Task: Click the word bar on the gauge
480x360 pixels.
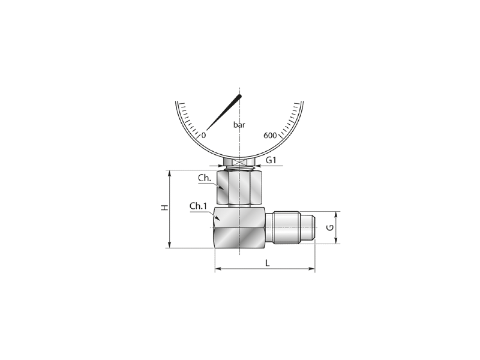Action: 239,125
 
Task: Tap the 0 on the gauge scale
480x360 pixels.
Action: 203,136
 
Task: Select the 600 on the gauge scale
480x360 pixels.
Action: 270,136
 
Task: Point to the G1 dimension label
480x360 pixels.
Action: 271,160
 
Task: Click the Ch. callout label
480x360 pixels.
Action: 205,178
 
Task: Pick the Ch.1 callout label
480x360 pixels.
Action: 198,206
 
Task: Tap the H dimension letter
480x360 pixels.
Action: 164,208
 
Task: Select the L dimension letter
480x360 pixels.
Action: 267,263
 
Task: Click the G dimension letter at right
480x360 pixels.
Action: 329,228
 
